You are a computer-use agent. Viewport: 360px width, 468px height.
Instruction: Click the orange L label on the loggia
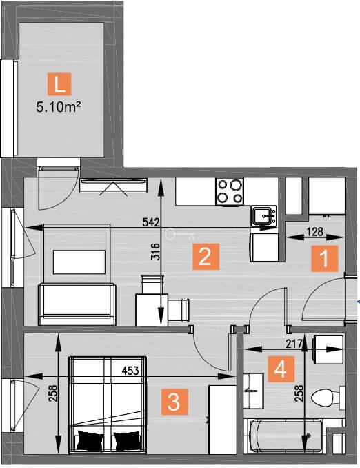59,84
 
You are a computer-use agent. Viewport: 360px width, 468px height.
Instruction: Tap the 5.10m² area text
59,106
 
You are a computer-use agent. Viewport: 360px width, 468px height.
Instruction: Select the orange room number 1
325,258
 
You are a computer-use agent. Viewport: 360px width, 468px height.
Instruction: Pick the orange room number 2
206,256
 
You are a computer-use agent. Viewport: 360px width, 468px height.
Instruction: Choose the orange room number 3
174,402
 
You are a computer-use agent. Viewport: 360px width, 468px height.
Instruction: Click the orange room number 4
281,369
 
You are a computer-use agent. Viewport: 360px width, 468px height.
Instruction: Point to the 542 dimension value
151,222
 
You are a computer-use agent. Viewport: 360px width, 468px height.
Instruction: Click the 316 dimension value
155,252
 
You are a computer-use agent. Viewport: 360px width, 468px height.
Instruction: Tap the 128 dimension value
315,232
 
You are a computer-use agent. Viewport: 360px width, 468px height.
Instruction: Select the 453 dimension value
130,371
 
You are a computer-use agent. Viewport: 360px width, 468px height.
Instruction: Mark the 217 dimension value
294,344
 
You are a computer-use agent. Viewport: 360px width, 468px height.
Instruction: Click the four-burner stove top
230,191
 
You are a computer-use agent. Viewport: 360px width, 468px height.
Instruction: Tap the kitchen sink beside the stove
264,215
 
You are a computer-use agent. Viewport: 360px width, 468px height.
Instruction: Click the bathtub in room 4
283,436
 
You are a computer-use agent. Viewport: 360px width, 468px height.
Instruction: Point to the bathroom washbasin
254,391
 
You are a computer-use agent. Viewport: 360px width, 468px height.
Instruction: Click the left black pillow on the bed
90,440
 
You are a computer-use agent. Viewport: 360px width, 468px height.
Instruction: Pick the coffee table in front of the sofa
79,262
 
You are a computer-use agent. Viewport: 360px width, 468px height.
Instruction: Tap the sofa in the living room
77,304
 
